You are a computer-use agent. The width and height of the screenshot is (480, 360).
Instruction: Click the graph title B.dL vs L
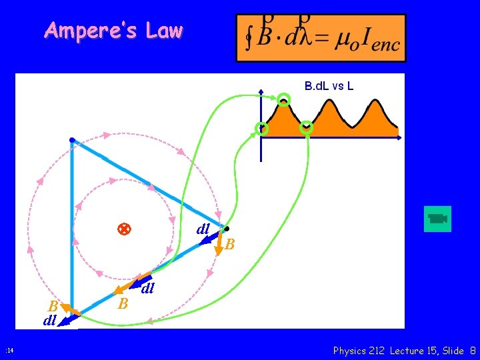coord(329,85)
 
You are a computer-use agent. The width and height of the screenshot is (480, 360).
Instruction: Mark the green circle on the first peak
coord(285,101)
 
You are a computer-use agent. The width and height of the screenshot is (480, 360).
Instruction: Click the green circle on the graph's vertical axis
coord(262,129)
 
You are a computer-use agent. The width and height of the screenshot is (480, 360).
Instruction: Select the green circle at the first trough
coord(307,127)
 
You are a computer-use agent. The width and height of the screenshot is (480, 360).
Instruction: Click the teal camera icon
coord(437,219)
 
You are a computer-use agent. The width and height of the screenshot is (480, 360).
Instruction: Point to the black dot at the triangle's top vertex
coord(71,140)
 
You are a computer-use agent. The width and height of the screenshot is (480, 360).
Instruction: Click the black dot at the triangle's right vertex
coord(227,229)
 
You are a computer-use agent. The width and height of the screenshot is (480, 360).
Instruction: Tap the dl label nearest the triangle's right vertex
coord(203,229)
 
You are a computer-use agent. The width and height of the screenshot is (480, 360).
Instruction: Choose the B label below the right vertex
coord(229,245)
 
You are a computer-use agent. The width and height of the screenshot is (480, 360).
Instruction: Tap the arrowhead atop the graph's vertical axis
coord(261,91)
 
